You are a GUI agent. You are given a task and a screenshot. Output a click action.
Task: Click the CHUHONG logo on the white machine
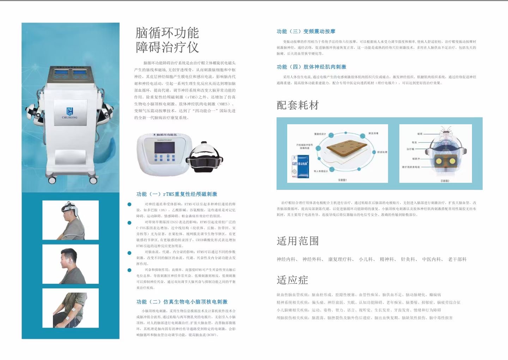(x=69, y=113)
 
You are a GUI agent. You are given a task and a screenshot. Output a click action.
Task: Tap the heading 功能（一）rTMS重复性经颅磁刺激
(x=177, y=194)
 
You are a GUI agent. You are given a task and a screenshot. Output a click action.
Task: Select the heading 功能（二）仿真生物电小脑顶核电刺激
(x=182, y=302)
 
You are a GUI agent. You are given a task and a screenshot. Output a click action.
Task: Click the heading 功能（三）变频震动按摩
(x=306, y=31)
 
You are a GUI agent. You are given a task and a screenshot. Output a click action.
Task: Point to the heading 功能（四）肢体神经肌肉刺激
(x=312, y=67)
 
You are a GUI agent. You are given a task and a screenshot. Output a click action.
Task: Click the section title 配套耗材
(x=298, y=105)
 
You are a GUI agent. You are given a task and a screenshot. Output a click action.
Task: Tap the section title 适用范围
(x=298, y=241)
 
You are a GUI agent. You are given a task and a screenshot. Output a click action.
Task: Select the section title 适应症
(x=292, y=280)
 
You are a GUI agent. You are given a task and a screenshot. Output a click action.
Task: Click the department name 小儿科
(x=366, y=259)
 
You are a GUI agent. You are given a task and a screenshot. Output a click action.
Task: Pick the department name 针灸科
(x=407, y=259)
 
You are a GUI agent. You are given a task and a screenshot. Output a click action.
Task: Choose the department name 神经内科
(x=286, y=259)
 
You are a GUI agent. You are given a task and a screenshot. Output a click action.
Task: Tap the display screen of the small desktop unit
(x=164, y=148)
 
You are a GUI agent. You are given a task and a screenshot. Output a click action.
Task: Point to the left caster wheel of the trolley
(x=52, y=180)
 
